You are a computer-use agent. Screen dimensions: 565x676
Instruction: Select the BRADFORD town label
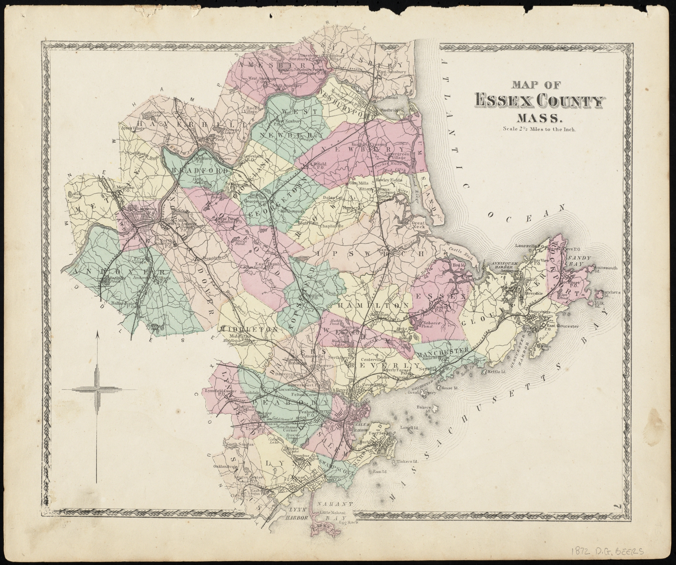click(200, 170)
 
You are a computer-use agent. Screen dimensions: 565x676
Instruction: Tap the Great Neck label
click(418, 225)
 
